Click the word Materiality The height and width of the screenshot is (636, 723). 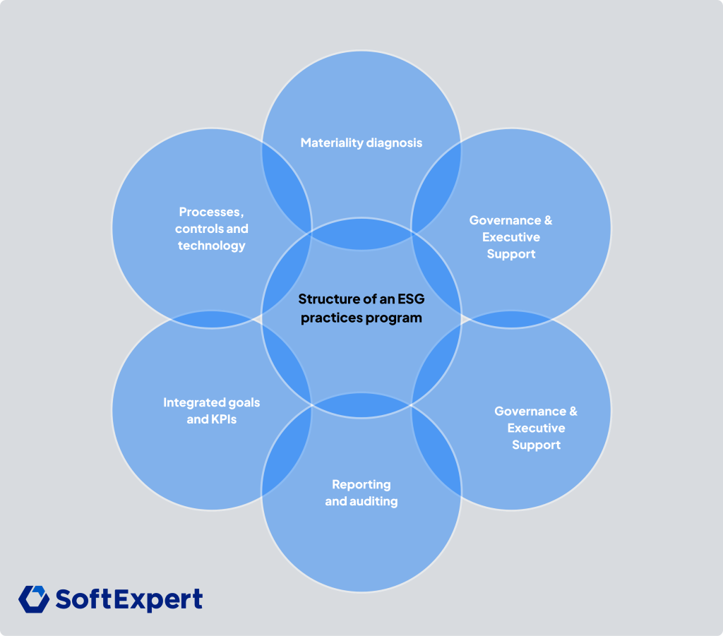click(330, 143)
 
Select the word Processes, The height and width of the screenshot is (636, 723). click(211, 212)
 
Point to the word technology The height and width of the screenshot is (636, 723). click(211, 246)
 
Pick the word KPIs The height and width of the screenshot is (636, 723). click(223, 419)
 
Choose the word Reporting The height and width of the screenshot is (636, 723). click(361, 484)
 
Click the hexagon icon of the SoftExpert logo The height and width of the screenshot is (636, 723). click(33, 599)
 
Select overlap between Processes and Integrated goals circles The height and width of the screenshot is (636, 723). click(212, 320)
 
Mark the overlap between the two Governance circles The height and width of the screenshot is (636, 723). click(512, 320)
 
